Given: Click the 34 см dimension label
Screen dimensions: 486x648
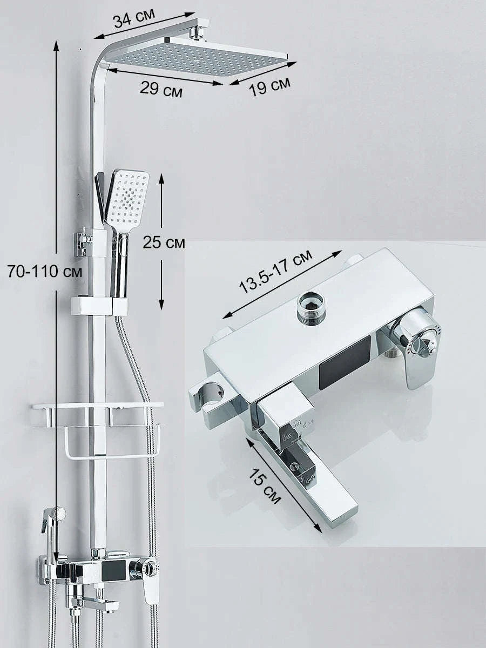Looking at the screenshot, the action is coord(134,19).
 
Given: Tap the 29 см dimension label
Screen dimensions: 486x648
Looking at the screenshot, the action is coord(161,89).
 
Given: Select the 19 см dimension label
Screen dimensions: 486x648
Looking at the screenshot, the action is coord(269,86).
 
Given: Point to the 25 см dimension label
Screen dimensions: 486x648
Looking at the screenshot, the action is coord(164,242).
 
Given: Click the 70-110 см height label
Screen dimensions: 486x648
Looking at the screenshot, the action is coord(45,272).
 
